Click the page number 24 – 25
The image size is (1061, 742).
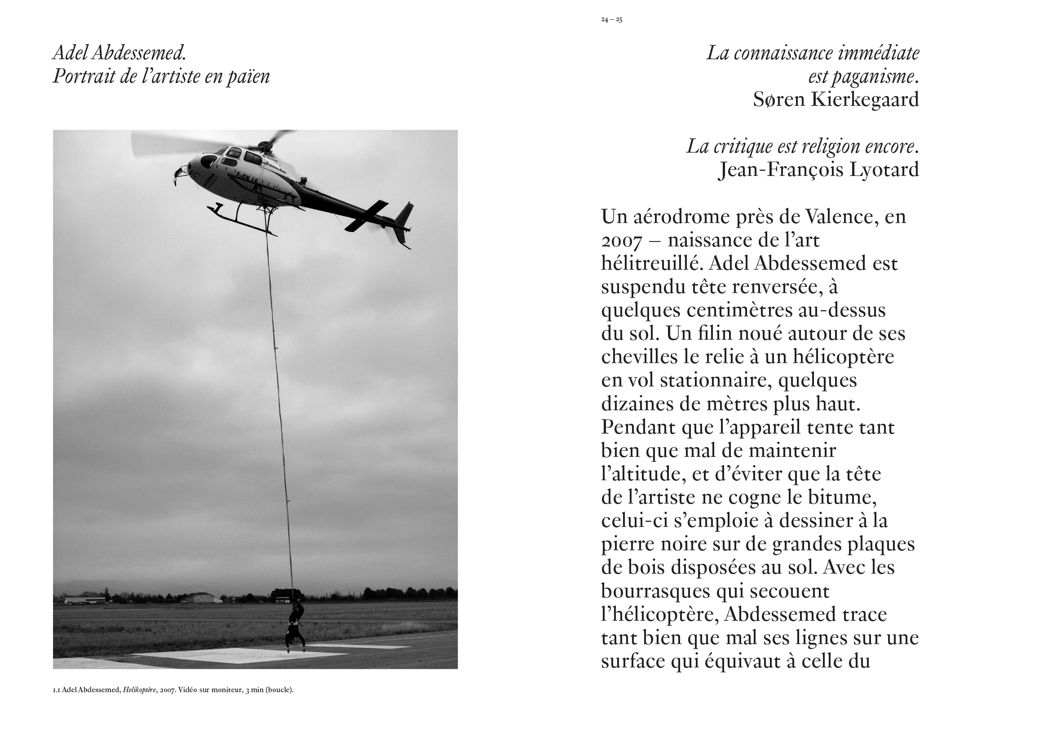pos(611,20)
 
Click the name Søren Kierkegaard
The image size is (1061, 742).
pos(836,100)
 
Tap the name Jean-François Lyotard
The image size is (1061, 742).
pos(818,170)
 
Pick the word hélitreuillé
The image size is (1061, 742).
pos(652,263)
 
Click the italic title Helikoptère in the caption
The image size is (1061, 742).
pos(139,690)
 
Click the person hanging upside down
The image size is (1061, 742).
pos(295,626)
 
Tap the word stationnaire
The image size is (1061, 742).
pos(715,381)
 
